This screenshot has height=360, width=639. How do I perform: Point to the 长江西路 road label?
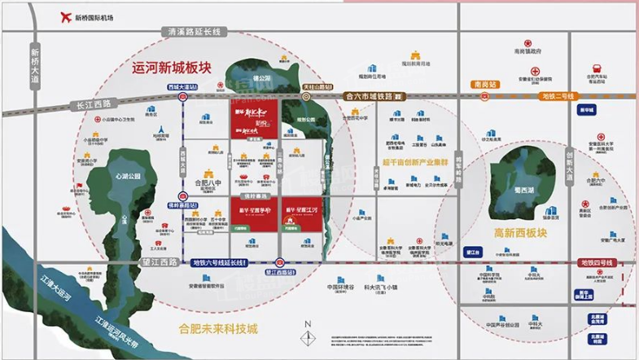click(91, 103)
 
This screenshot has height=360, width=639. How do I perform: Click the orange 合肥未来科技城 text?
click(218, 329)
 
